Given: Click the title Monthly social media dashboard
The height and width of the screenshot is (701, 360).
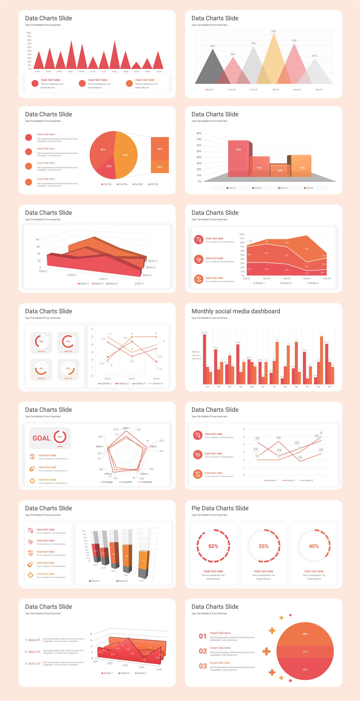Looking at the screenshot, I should point(236,311).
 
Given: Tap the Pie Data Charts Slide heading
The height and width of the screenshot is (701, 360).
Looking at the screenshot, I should point(220,508).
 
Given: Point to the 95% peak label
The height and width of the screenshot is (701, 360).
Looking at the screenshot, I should point(274,31).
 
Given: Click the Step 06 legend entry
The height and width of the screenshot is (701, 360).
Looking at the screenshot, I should point(318,90).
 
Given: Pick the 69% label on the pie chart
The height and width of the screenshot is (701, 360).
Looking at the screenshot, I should point(126,155).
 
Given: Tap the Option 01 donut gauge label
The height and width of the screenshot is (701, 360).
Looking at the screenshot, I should point(41,352).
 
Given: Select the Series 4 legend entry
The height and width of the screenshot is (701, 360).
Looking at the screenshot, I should point(156,384).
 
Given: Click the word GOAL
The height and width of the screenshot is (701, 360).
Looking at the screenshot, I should point(41,438).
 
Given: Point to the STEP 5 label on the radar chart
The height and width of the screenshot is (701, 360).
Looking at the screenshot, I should point(99,447).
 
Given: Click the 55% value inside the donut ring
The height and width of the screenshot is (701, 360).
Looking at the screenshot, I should point(263,546).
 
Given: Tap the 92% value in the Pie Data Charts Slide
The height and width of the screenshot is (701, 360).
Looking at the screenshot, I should point(213,546).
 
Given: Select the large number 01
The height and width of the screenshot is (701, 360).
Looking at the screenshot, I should point(203,636).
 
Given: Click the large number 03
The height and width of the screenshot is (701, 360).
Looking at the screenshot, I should point(203,666).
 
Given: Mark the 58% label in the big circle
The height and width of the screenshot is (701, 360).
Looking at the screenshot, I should point(305,634).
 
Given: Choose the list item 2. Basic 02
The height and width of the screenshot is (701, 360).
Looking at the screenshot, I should point(33,652).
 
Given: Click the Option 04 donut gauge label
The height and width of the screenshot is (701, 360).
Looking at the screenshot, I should point(68,379).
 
